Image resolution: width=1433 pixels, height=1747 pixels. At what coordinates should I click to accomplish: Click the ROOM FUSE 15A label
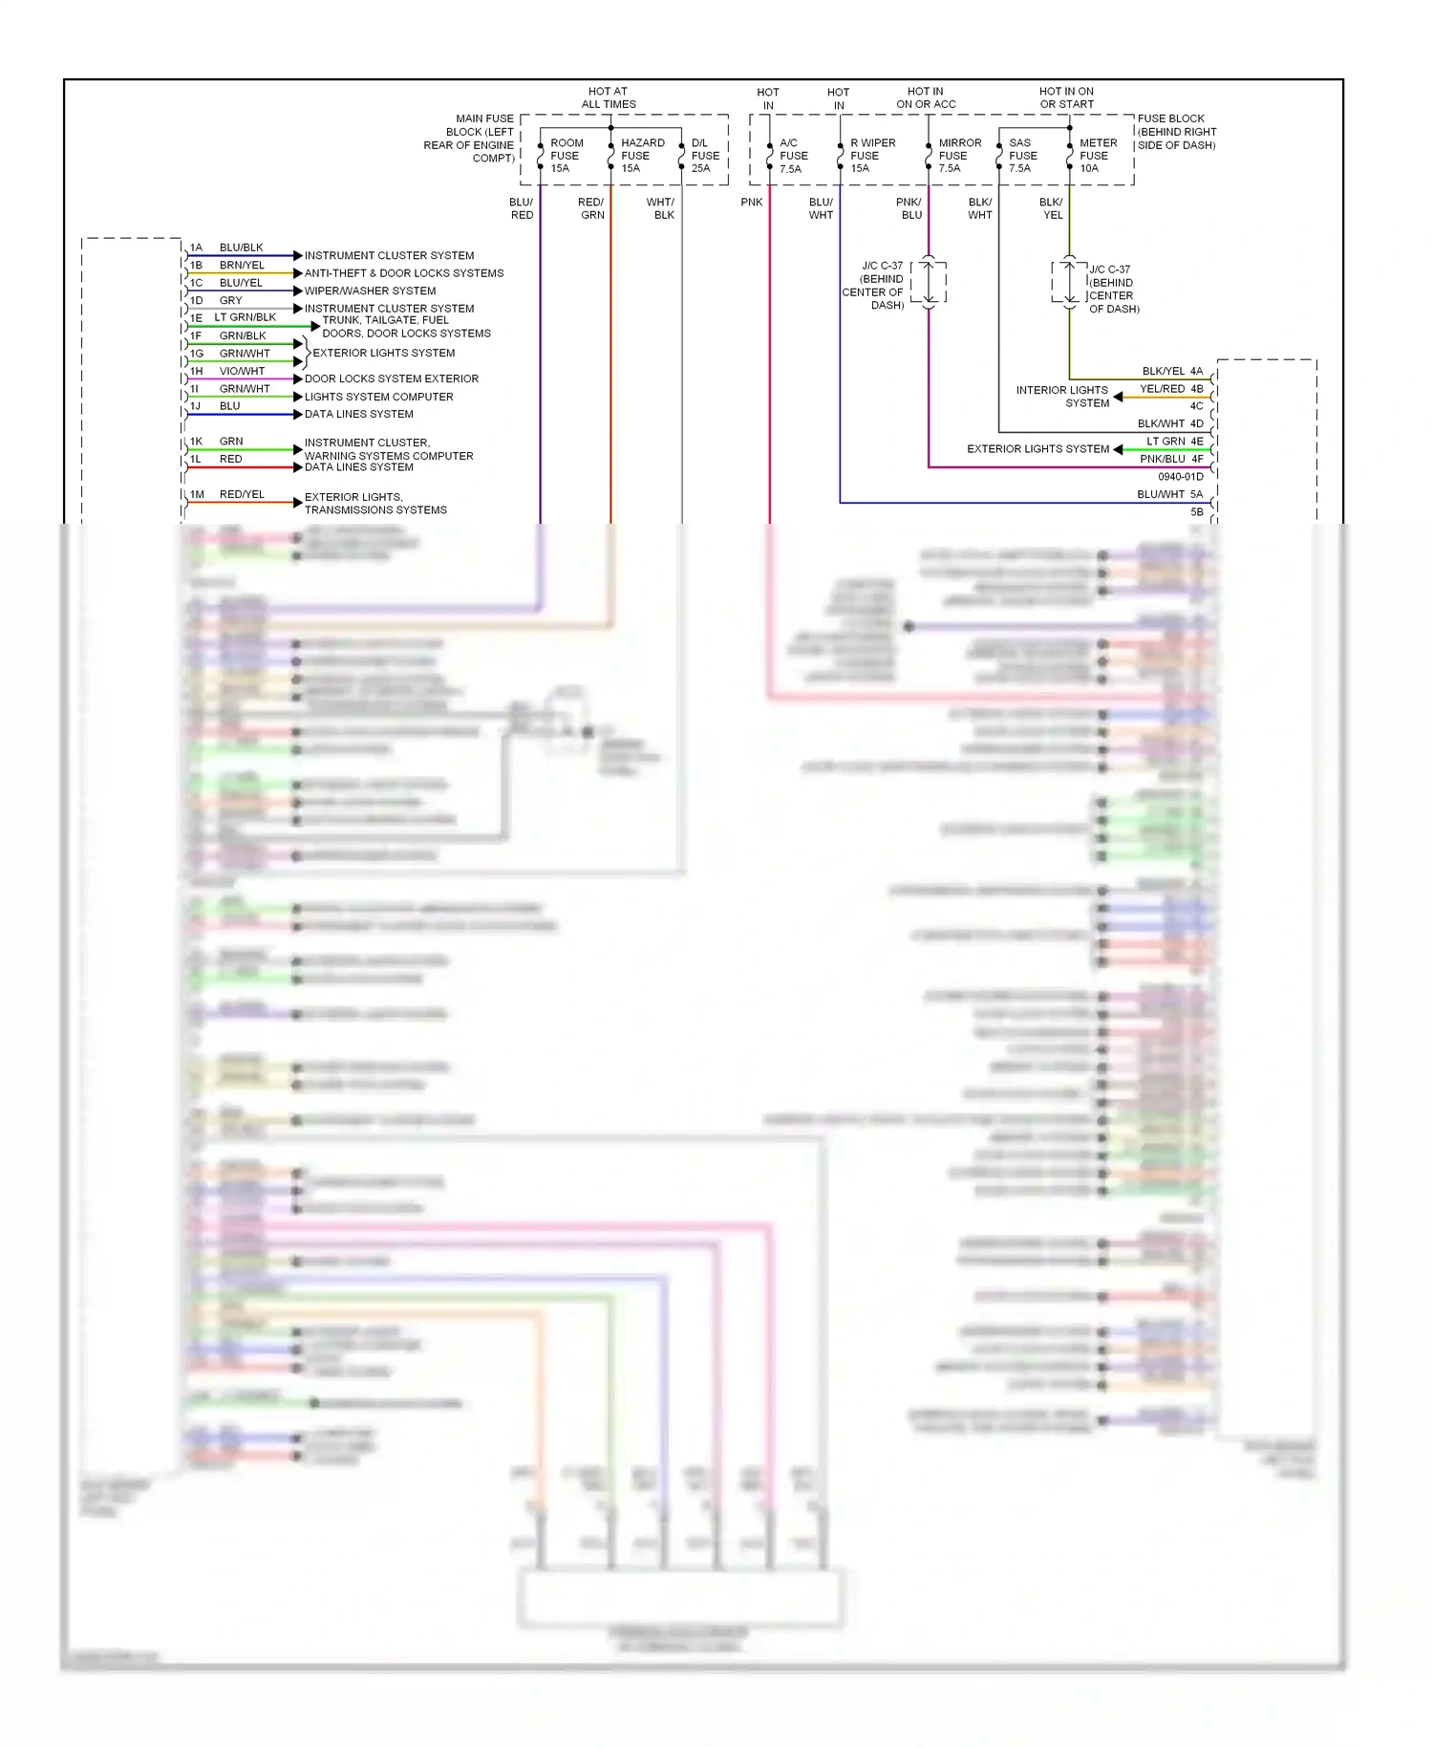tap(566, 156)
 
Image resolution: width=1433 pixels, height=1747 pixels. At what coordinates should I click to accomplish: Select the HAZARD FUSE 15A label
tap(641, 156)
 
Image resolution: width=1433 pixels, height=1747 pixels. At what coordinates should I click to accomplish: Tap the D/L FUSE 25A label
tap(705, 156)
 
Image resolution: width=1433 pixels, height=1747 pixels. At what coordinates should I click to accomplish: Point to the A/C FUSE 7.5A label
tap(793, 156)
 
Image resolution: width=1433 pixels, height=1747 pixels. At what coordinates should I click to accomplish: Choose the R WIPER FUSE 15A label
tap(872, 156)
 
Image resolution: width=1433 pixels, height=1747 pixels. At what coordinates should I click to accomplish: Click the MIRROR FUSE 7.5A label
tap(958, 156)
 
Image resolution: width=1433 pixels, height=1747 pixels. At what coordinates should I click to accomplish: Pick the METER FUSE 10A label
tap(1097, 156)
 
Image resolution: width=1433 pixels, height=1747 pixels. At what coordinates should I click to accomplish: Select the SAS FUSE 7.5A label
tap(1022, 156)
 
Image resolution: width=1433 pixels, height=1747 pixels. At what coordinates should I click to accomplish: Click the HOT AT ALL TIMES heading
tap(609, 97)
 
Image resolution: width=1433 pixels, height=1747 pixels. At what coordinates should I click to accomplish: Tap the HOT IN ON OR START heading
tap(1066, 97)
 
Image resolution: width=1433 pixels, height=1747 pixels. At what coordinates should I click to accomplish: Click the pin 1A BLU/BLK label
tap(227, 248)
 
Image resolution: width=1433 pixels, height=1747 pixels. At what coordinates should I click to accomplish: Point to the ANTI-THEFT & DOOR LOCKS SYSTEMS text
tap(403, 273)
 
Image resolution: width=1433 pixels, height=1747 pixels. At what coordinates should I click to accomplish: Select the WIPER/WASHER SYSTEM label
tap(370, 291)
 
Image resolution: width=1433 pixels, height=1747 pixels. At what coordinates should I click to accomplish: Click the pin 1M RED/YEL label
tap(228, 494)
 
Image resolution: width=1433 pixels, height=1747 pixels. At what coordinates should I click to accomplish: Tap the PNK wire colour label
tap(752, 203)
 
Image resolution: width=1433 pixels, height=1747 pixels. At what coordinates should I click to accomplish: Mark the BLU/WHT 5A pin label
tap(1169, 494)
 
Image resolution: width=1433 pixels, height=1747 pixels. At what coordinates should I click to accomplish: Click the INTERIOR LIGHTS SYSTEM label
tap(1062, 397)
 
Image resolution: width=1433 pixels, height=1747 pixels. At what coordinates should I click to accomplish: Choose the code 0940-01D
tap(1180, 477)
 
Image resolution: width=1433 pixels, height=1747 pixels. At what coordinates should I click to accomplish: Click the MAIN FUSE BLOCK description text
tap(470, 139)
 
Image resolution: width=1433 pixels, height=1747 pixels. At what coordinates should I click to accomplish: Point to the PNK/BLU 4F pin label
tap(1171, 459)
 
